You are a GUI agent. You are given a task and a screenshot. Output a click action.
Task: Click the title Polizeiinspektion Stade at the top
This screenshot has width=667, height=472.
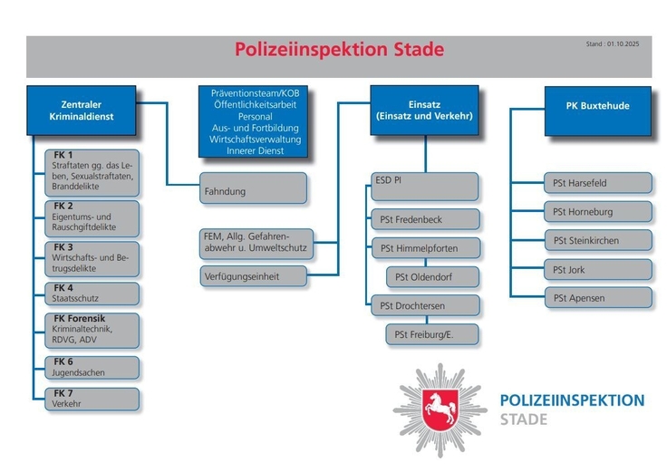(x=339, y=50)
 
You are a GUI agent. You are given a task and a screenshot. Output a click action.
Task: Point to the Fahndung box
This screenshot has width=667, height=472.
(x=253, y=192)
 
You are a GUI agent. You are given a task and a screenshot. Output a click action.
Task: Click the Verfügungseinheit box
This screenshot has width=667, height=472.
(x=253, y=275)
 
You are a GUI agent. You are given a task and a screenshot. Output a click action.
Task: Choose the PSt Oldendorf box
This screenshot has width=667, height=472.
(x=432, y=276)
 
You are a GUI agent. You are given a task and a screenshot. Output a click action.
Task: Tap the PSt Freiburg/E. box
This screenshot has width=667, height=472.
(x=432, y=334)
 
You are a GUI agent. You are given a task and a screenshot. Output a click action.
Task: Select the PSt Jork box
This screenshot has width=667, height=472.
(x=597, y=269)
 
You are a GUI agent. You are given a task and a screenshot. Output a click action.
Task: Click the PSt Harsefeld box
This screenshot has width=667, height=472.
(x=597, y=183)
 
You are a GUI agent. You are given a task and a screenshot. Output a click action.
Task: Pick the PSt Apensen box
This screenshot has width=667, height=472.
(x=597, y=297)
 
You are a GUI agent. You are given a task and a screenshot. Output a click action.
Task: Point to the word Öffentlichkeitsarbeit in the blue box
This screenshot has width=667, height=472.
(x=254, y=105)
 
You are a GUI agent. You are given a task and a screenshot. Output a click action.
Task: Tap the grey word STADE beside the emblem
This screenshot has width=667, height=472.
(x=524, y=419)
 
